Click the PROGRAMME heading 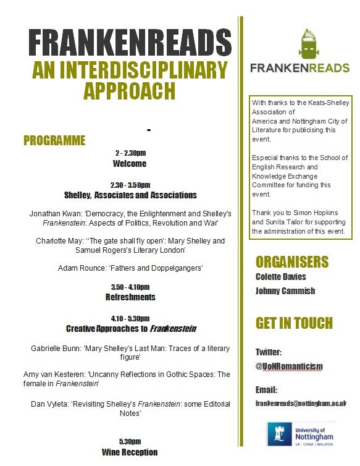click(54, 140)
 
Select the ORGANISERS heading click(292, 261)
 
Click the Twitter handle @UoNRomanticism click(289, 366)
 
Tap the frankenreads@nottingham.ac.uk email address click(301, 403)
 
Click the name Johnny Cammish click(286, 291)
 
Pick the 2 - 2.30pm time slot click(130, 153)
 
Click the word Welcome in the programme click(130, 164)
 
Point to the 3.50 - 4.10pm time click(130, 287)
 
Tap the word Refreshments click(130, 297)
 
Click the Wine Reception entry click(130, 452)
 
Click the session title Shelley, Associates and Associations click(130, 195)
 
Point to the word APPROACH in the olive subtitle click(130, 90)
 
